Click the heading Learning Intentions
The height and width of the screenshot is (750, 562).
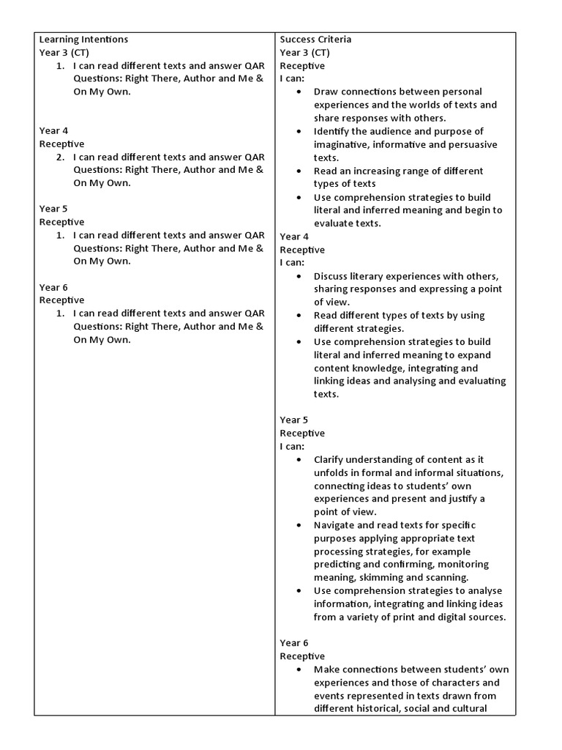83,40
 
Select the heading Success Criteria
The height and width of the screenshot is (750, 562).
315,40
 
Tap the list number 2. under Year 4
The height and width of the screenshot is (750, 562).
60,157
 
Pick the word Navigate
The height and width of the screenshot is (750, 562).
335,525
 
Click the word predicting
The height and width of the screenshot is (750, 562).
341,565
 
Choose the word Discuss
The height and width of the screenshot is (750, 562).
333,276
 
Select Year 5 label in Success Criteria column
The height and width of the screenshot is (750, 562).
294,420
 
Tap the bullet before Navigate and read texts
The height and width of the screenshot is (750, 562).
299,525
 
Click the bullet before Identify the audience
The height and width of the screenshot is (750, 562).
299,131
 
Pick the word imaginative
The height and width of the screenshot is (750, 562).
342,144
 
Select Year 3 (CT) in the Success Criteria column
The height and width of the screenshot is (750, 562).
304,53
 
